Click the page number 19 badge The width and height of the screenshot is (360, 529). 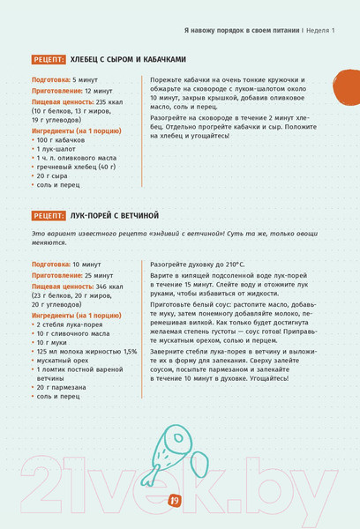[x=174, y=501]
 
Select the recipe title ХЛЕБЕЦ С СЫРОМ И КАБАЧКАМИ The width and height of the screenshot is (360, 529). [x=128, y=59]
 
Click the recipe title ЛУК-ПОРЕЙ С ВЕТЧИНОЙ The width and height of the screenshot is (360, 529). [x=115, y=215]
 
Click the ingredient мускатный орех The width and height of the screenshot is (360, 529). [x=66, y=361]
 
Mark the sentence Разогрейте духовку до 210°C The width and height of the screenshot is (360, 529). [x=198, y=264]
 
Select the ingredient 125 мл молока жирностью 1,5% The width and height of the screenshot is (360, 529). [x=86, y=351]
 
